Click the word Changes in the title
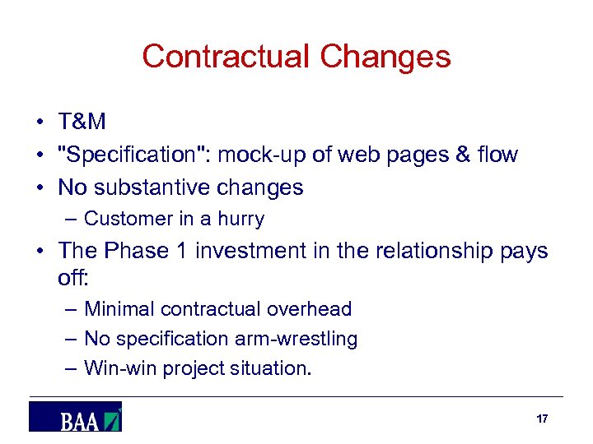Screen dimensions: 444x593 pos(385,57)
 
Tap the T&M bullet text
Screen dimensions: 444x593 pos(82,122)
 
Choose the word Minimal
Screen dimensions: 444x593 pos(119,309)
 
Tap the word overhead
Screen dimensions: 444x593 pos(312,309)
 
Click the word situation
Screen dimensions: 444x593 pos(272,368)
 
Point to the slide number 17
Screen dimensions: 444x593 pos(542,419)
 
